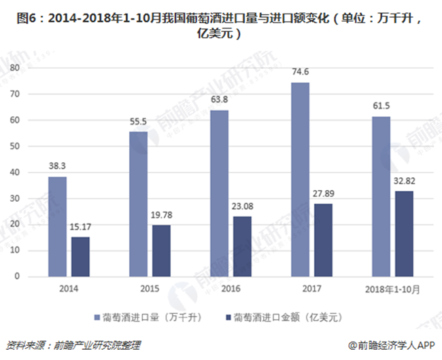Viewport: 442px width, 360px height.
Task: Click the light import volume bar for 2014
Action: coord(57,226)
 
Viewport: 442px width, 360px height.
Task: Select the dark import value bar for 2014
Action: coord(80,256)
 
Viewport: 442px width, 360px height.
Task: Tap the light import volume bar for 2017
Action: coord(300,179)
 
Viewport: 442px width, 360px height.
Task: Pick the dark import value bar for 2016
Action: coord(242,246)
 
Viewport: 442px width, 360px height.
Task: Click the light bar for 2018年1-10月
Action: coord(381,196)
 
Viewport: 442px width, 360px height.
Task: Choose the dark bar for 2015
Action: coord(161,250)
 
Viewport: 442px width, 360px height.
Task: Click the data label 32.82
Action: coord(404,183)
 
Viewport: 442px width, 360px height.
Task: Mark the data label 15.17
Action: coord(80,229)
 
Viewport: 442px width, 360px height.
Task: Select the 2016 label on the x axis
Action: coord(231,289)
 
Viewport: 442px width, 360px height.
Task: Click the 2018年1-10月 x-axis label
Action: coord(392,289)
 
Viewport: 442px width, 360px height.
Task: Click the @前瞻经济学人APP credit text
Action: coord(390,345)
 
